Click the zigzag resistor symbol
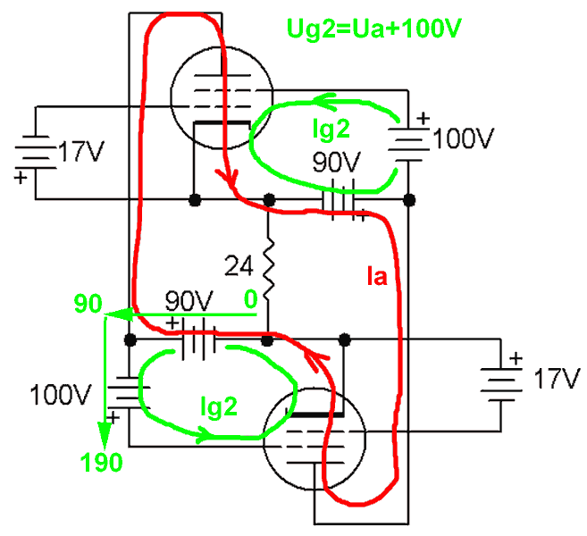pyautogui.click(x=269, y=264)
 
